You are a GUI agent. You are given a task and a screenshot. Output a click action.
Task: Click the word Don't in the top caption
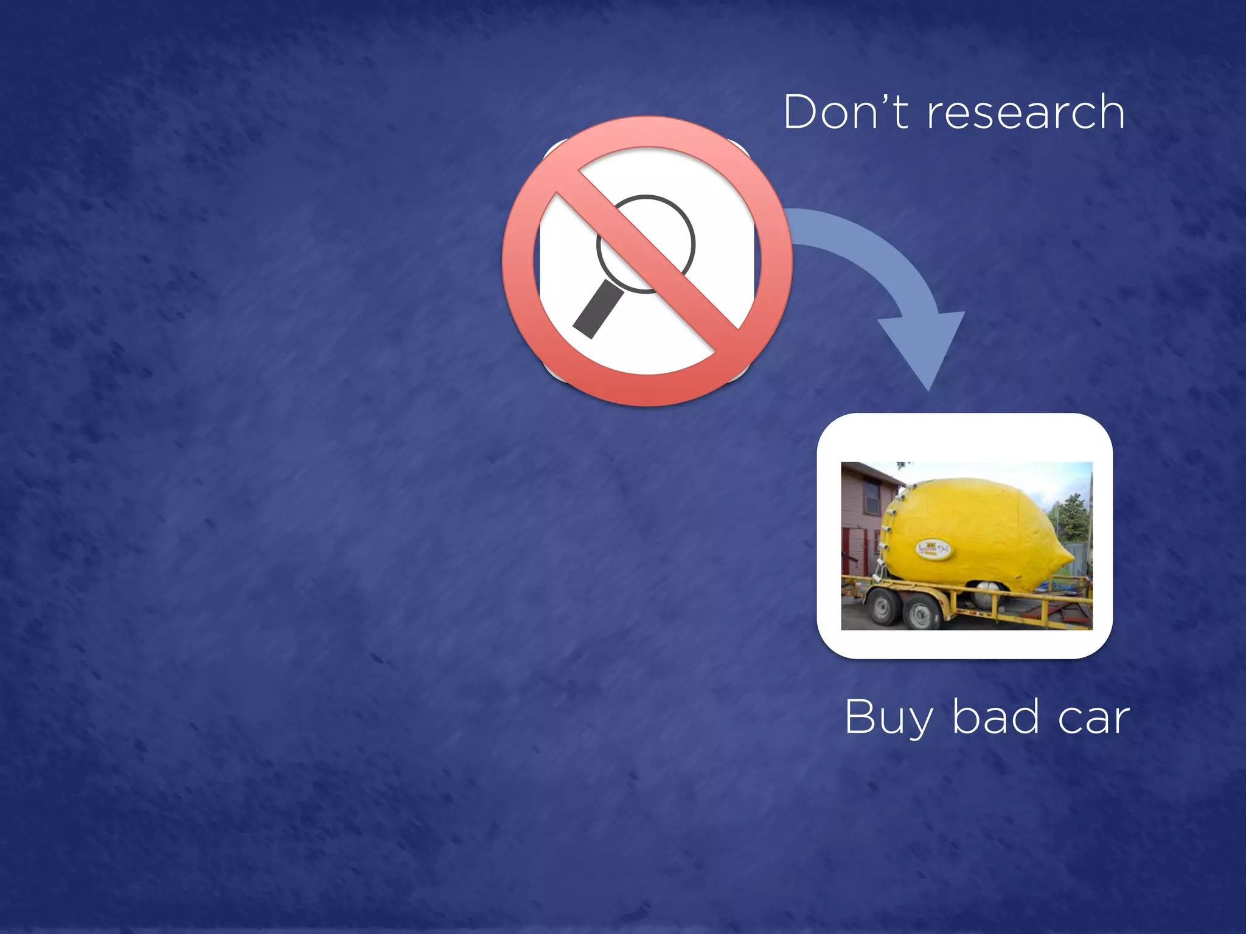(846, 112)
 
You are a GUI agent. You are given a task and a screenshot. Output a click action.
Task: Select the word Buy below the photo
(888, 718)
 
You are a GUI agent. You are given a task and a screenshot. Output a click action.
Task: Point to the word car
(1093, 719)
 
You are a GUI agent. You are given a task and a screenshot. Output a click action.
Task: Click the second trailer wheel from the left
(920, 612)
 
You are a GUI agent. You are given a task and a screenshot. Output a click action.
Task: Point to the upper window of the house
(872, 496)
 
